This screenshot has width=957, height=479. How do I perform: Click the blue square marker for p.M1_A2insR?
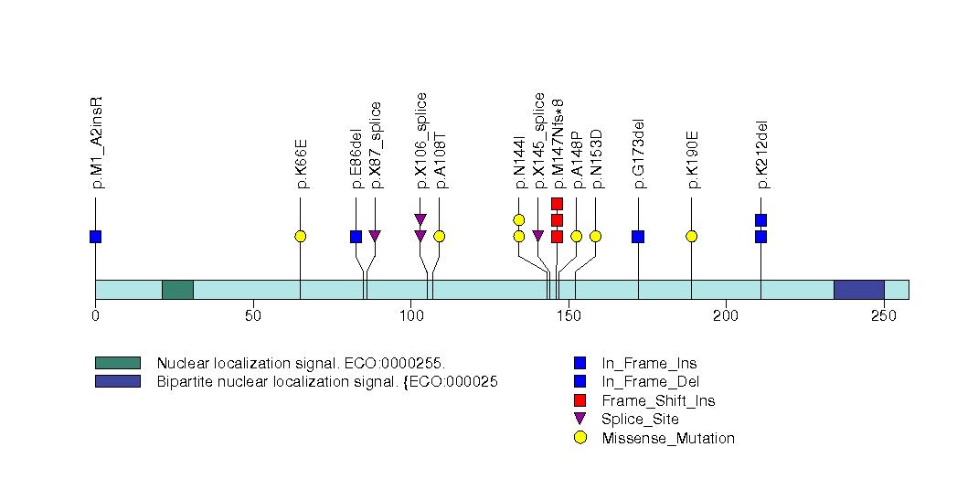95,237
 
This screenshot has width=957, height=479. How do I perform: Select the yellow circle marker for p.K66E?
300,237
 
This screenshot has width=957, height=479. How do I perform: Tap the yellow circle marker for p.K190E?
691,237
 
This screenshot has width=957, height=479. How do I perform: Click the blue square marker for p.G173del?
638,237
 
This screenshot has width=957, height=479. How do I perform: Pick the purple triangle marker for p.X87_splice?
374,237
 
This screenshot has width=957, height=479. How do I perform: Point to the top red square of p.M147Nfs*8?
557,204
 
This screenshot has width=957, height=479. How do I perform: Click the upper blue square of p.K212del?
760,220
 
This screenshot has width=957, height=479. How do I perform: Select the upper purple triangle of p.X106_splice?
420,219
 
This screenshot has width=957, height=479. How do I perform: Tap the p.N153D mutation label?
597,158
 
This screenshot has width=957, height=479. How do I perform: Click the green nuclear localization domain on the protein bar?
177,289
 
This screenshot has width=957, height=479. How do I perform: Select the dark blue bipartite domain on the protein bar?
858,289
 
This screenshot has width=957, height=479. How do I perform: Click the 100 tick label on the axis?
410,315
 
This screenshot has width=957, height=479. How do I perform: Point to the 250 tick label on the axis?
883,315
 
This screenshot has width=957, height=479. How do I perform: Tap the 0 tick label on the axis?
95,315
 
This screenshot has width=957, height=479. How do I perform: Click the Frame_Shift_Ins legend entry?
657,400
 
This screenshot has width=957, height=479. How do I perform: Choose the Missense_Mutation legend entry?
667,438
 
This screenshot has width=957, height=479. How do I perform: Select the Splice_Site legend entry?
640,420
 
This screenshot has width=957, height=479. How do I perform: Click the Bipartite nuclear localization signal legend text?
326,381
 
